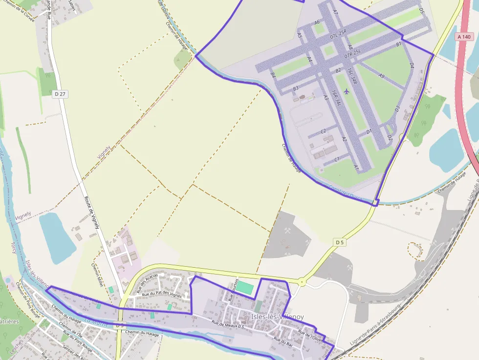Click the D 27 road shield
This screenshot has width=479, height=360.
(x=60, y=94)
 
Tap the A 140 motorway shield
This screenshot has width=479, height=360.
(x=464, y=37)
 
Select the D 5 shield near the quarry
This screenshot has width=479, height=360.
(x=340, y=242)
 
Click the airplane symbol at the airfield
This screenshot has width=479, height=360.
(x=347, y=91)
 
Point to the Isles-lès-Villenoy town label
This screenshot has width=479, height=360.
(x=277, y=317)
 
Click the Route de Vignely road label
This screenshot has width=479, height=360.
(x=92, y=206)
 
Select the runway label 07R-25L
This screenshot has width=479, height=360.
(x=352, y=53)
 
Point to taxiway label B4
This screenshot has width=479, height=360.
(x=273, y=75)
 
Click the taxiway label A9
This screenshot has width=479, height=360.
(x=382, y=76)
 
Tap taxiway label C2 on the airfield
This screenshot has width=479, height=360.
(x=323, y=131)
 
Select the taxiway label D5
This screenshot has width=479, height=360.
(x=422, y=11)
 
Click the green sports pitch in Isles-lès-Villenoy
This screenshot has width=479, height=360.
(x=246, y=288)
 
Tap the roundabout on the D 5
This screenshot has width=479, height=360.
(x=302, y=282)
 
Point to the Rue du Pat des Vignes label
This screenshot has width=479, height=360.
(x=162, y=295)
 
